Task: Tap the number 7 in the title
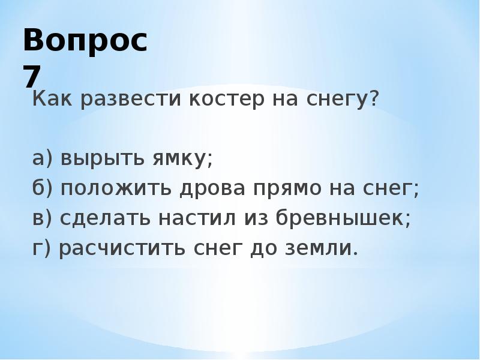[x=34, y=77]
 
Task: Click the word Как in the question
[x=49, y=98]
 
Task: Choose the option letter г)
[x=42, y=248]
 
